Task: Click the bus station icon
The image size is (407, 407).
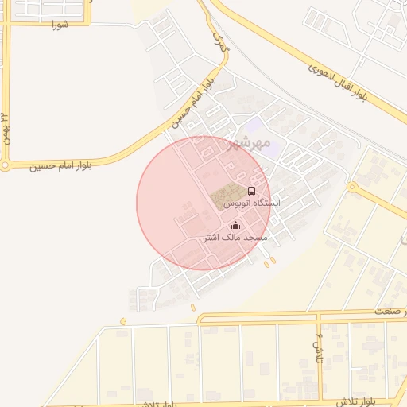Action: click(x=252, y=192)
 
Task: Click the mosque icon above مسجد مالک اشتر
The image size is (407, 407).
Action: click(x=235, y=226)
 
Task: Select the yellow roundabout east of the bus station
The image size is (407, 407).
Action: click(x=351, y=188)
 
